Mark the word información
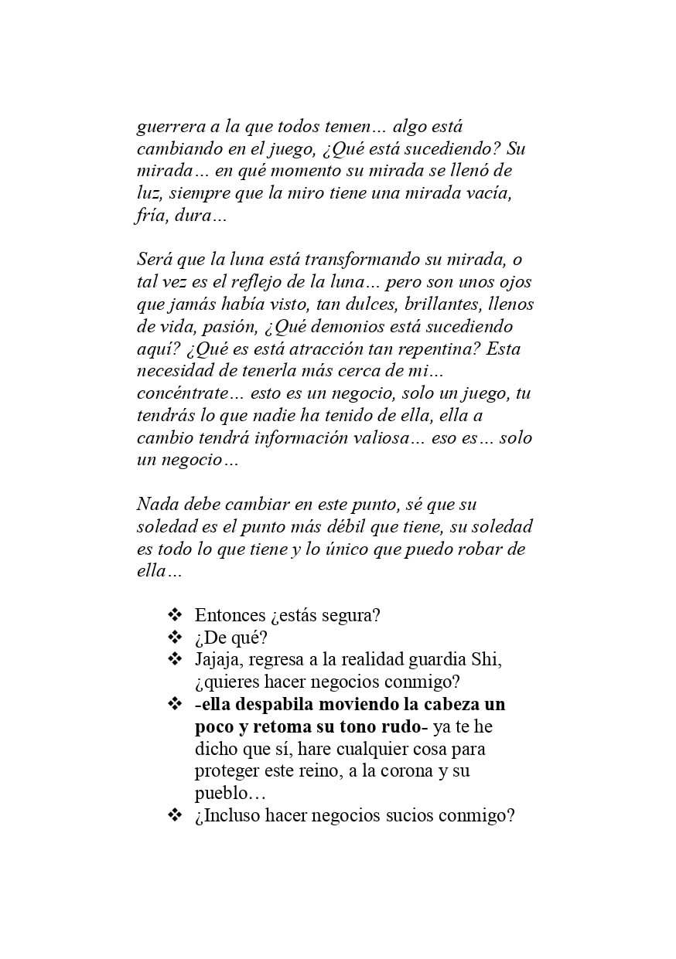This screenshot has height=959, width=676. click(x=313, y=437)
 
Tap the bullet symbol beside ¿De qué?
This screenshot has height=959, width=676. click(x=175, y=638)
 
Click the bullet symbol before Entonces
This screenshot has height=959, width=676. click(x=175, y=615)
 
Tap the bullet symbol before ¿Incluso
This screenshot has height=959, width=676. click(x=175, y=815)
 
